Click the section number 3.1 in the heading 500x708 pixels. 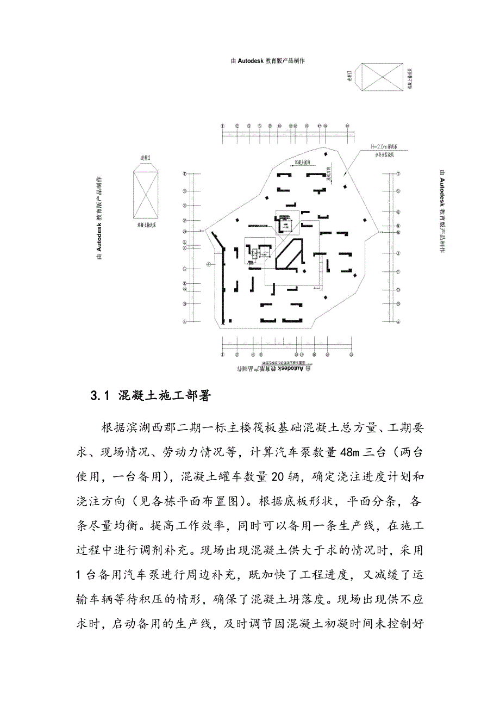click(101, 396)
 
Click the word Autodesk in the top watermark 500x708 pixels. click(251, 60)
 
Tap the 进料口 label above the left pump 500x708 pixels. click(146, 158)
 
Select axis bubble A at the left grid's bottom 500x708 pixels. click(185, 321)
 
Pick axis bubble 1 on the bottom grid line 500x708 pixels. click(223, 353)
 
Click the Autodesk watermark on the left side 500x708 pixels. click(99, 219)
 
